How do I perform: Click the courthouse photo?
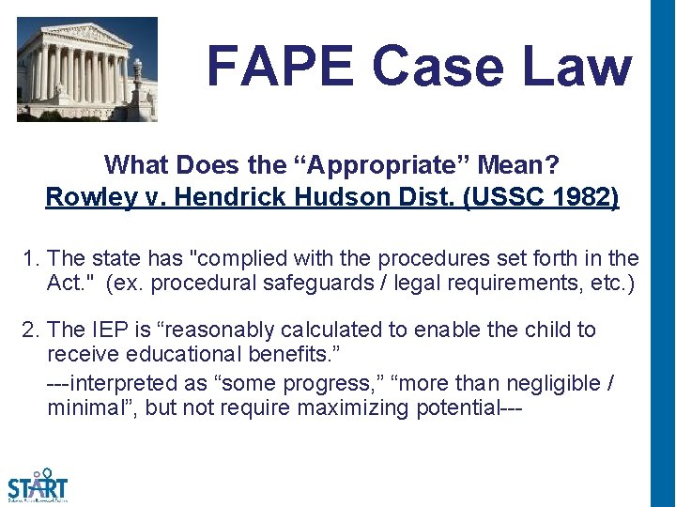click(x=87, y=69)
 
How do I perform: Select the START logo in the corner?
click(x=38, y=485)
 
